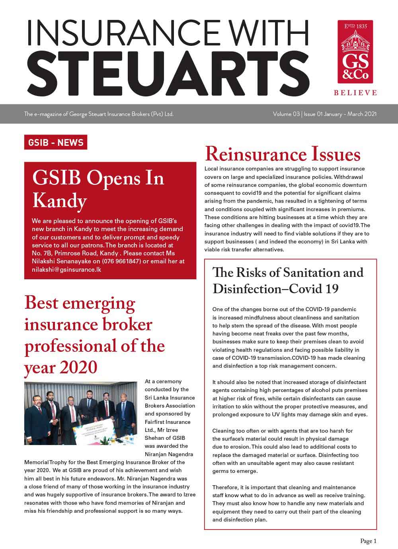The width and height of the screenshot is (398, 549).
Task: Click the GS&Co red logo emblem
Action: tap(355, 52)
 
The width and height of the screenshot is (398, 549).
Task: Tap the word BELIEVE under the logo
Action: tap(355, 92)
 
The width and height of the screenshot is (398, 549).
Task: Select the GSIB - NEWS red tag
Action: tap(56, 142)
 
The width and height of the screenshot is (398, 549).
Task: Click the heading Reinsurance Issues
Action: tap(283, 155)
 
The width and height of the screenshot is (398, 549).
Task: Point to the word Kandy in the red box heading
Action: tap(59, 200)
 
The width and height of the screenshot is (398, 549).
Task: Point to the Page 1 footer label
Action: tap(368, 541)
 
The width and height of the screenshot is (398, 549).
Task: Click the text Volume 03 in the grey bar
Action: tap(286, 114)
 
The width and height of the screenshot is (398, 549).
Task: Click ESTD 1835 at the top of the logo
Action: tap(355, 27)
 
